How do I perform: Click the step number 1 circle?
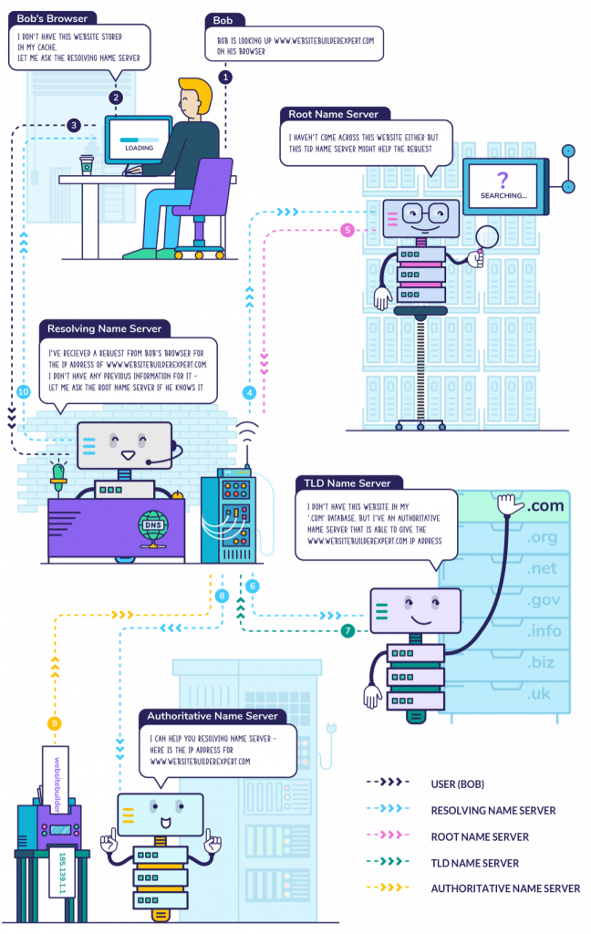tap(225, 78)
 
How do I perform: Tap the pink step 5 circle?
tap(347, 231)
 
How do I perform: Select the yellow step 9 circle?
tap(55, 723)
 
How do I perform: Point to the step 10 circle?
tap(24, 391)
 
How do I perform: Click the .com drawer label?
tap(545, 506)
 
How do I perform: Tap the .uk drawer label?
tap(540, 694)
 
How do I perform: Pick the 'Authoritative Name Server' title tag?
tap(213, 716)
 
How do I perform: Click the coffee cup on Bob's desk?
tap(87, 163)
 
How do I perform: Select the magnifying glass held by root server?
tap(488, 238)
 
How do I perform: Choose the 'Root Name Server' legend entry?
tap(479, 835)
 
